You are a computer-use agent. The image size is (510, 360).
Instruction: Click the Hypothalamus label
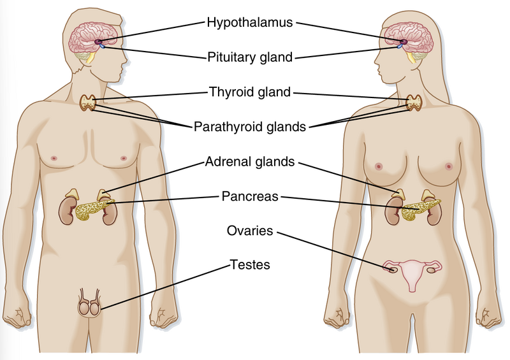coord(249,23)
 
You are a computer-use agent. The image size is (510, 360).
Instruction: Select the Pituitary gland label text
coord(249,57)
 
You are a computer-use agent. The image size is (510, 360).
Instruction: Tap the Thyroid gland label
coord(249,92)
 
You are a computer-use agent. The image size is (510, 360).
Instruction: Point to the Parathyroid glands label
coord(249,127)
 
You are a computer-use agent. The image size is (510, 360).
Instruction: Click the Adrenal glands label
coord(250,162)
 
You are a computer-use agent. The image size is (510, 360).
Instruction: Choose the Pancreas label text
coord(250,196)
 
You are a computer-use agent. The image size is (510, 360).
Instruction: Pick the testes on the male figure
coord(89,308)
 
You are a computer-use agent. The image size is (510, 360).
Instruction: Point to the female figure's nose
coord(377,50)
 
